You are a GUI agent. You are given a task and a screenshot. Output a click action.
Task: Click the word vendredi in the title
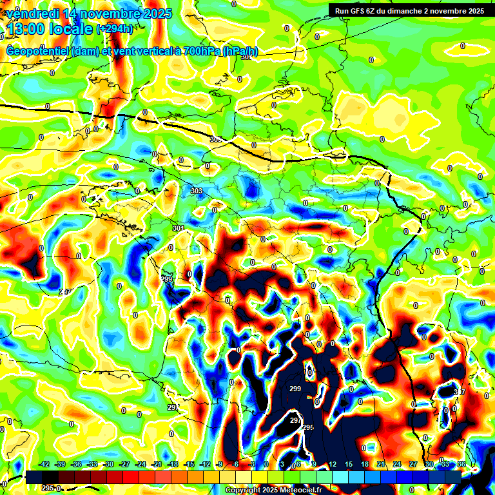[x=32, y=13]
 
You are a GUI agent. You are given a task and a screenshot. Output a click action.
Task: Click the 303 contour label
[x=197, y=191]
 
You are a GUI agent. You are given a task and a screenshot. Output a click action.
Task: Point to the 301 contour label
[x=179, y=228]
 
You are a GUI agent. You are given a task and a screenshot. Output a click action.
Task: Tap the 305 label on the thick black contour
[x=215, y=139]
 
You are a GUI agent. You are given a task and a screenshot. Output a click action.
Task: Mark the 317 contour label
[x=460, y=392]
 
